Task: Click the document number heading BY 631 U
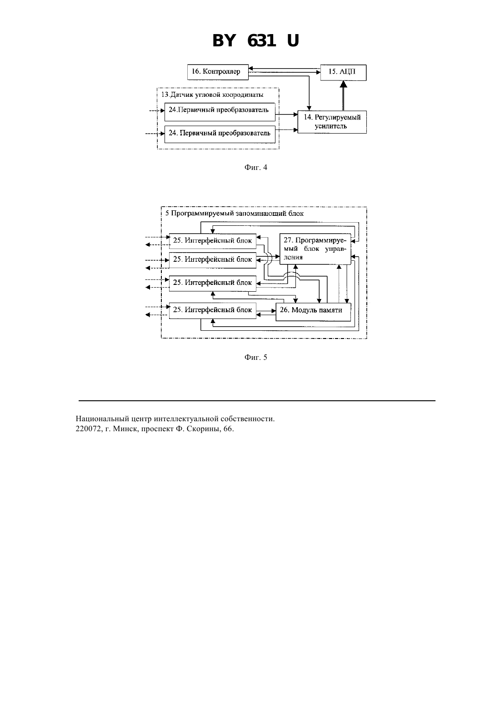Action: click(255, 41)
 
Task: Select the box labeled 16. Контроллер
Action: click(217, 72)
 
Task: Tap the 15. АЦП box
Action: click(344, 73)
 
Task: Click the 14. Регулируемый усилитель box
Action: click(332, 122)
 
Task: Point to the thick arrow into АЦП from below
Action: click(344, 95)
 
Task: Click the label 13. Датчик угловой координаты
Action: click(212, 95)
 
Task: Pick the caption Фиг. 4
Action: click(255, 168)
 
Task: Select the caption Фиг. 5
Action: click(255, 357)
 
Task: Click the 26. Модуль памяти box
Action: click(313, 312)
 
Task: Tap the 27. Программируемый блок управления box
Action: click(315, 249)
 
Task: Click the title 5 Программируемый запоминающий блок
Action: click(234, 214)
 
